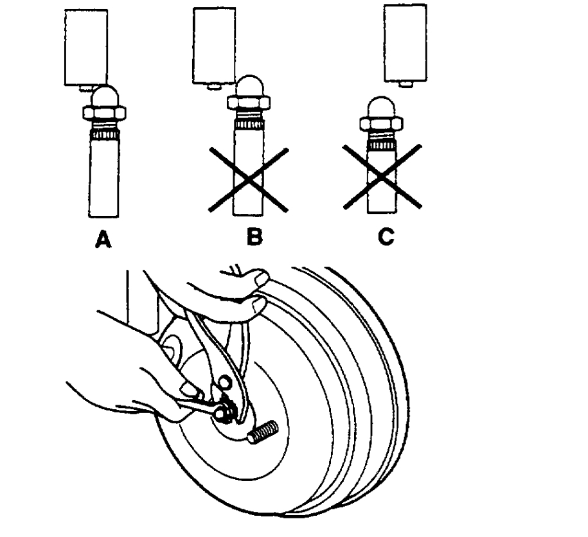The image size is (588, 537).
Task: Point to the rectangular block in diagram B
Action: coord(214,45)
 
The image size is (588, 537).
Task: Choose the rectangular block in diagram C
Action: coord(405,42)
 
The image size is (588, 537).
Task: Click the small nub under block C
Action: coord(404,84)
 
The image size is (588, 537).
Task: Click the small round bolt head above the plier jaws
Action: coord(225,383)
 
